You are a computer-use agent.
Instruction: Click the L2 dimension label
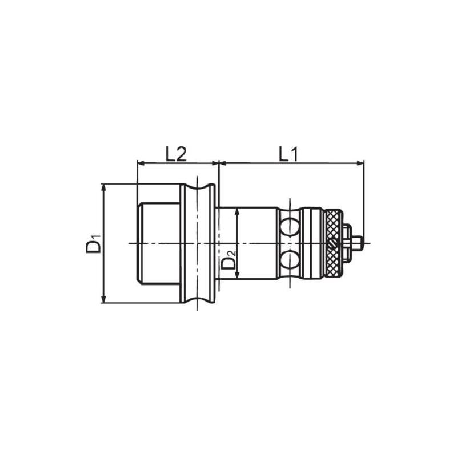177,154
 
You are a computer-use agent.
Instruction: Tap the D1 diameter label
94,243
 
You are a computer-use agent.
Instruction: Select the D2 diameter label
227,260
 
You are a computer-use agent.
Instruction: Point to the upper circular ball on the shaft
291,224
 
